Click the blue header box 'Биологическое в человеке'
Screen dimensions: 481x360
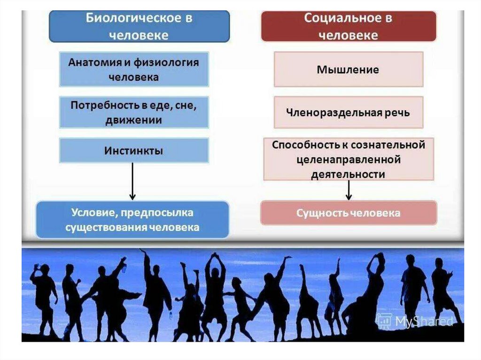tap(139, 27)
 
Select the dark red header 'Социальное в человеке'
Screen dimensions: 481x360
tap(348, 27)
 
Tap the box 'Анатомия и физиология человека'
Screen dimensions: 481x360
tap(134, 69)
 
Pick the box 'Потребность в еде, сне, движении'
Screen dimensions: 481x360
tap(134, 113)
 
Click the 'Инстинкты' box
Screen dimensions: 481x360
tap(134, 151)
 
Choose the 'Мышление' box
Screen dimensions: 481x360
tap(348, 69)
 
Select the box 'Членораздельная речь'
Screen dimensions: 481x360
tap(348, 113)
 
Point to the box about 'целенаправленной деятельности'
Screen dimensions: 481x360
tap(348, 159)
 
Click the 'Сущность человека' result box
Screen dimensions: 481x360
tap(348, 213)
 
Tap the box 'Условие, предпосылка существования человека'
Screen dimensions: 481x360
tap(132, 220)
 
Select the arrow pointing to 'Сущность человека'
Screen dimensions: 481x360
tap(349, 190)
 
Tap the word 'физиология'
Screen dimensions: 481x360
tap(171, 62)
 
